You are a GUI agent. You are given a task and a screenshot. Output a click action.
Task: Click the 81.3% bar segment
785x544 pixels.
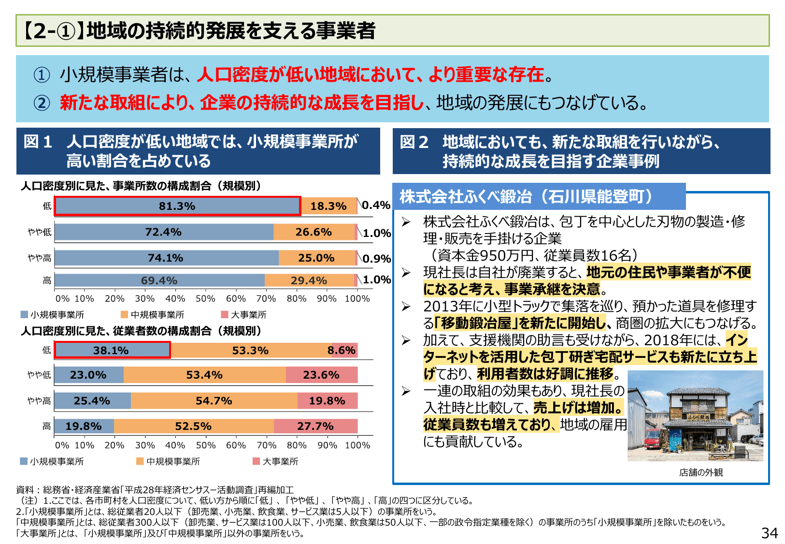coord(177,206)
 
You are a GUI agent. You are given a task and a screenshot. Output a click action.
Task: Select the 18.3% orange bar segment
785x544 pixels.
coord(328,206)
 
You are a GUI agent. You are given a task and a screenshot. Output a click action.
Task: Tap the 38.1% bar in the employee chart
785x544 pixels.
coord(112,351)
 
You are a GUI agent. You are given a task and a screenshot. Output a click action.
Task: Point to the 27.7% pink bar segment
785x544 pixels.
coord(315,426)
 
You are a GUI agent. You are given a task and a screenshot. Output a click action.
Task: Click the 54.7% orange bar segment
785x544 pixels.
coord(214,401)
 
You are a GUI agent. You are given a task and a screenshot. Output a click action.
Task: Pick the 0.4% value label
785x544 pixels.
coord(376,206)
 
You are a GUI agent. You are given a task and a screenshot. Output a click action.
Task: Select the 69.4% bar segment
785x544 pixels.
coord(159,281)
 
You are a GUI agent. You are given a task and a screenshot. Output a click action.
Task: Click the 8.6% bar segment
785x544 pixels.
coord(342,351)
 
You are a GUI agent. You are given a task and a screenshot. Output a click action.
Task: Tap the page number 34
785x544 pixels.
coord(769,533)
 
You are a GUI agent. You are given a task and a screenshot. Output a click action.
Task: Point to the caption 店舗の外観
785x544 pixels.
coord(700,472)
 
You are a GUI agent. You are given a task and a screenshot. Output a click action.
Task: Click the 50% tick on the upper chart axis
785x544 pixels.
coord(205,299)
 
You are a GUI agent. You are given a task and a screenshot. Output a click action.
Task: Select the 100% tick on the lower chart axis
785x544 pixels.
coord(357,445)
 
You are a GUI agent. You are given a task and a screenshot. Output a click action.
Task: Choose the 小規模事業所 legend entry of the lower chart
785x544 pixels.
coord(52,462)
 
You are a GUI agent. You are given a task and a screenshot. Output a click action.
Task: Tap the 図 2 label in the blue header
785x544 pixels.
coord(414,142)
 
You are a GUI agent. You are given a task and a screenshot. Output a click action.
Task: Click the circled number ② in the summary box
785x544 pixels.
coord(42,103)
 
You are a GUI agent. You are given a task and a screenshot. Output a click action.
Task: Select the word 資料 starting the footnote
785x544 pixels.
coord(25,490)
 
